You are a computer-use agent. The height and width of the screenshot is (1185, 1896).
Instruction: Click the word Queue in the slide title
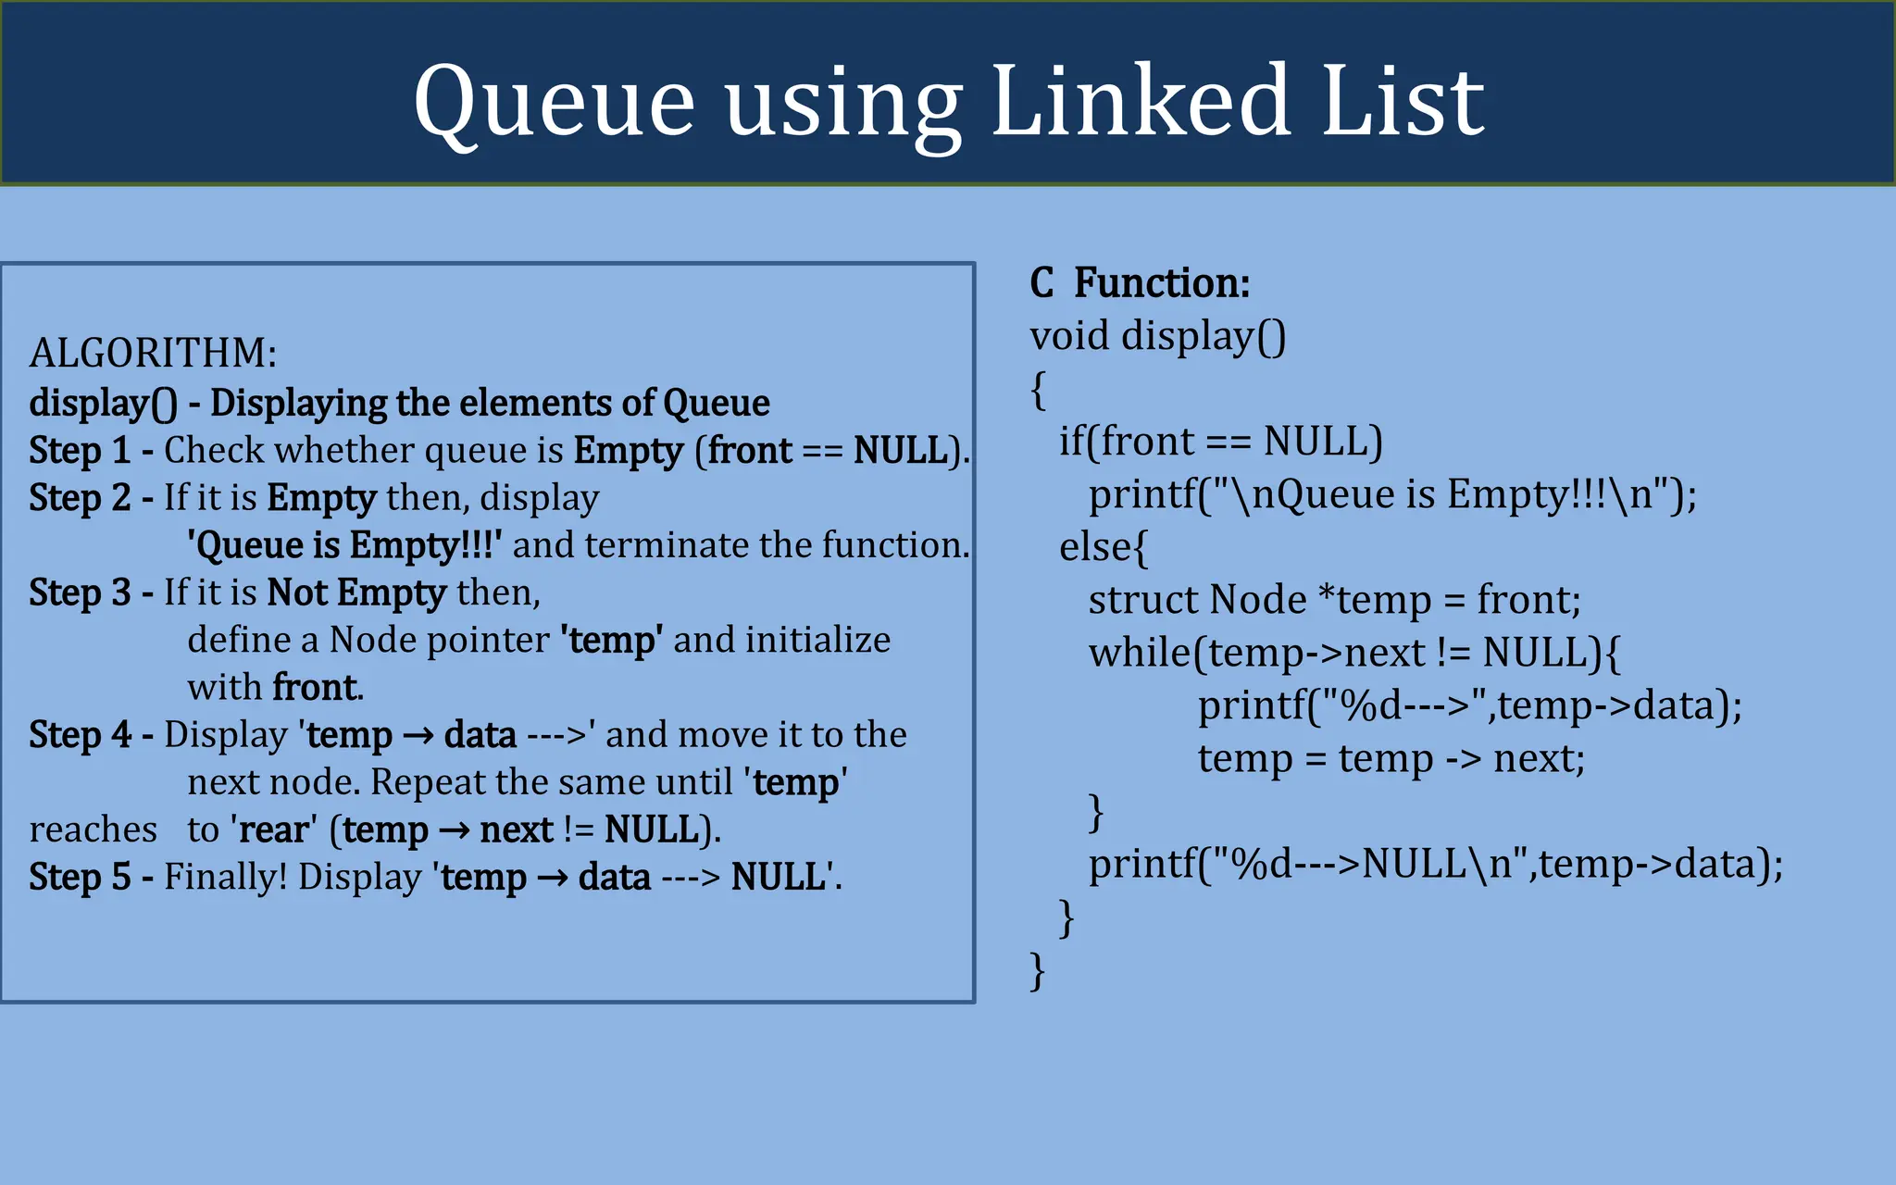(x=554, y=102)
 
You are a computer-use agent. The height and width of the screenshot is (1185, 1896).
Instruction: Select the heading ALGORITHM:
(x=153, y=353)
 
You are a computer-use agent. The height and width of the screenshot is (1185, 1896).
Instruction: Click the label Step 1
(x=80, y=451)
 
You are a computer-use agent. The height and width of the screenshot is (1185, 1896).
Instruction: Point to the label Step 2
(x=80, y=498)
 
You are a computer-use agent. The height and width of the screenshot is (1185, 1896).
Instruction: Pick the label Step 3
(x=80, y=592)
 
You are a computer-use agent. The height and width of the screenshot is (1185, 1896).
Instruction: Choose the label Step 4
(x=80, y=735)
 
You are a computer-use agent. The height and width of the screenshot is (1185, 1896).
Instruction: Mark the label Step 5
(x=80, y=877)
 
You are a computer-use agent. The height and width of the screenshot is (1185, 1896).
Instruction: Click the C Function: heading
(x=1140, y=282)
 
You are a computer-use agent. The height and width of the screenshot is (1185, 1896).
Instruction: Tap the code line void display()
(x=1157, y=336)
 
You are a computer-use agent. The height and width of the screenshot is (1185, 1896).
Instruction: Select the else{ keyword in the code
(x=1103, y=547)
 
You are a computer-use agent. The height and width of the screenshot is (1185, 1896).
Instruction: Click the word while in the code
(x=1140, y=653)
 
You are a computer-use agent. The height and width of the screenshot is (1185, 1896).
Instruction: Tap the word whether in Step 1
(x=344, y=451)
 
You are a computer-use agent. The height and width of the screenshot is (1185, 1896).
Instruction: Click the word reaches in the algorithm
(x=93, y=829)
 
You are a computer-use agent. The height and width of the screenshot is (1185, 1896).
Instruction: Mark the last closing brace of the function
(x=1038, y=971)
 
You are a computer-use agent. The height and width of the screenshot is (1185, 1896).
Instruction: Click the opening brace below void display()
(x=1038, y=390)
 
